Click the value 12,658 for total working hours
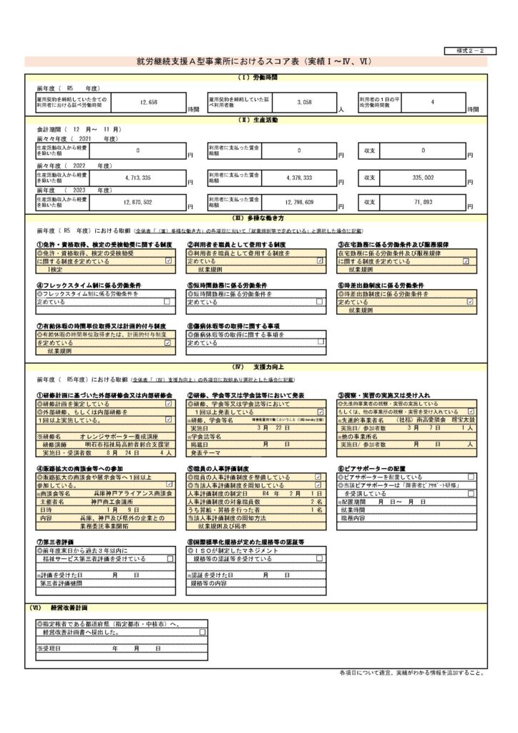point(149,102)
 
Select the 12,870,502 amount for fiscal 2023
point(149,203)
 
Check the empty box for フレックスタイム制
point(168,302)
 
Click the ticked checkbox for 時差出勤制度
point(470,302)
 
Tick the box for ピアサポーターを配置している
point(470,477)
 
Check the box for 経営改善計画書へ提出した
point(203,632)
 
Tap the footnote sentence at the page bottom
point(412,674)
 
